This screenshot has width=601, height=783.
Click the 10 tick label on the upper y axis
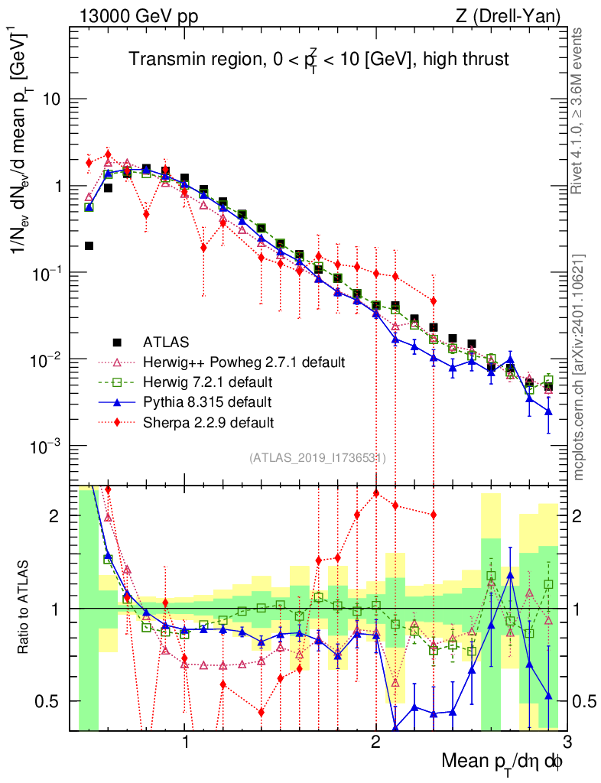[x=53, y=99]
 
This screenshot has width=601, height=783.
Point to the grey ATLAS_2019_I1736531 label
[x=317, y=458]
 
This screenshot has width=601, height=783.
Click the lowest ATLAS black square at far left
[x=89, y=245]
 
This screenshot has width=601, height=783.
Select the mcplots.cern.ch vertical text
[x=579, y=367]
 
